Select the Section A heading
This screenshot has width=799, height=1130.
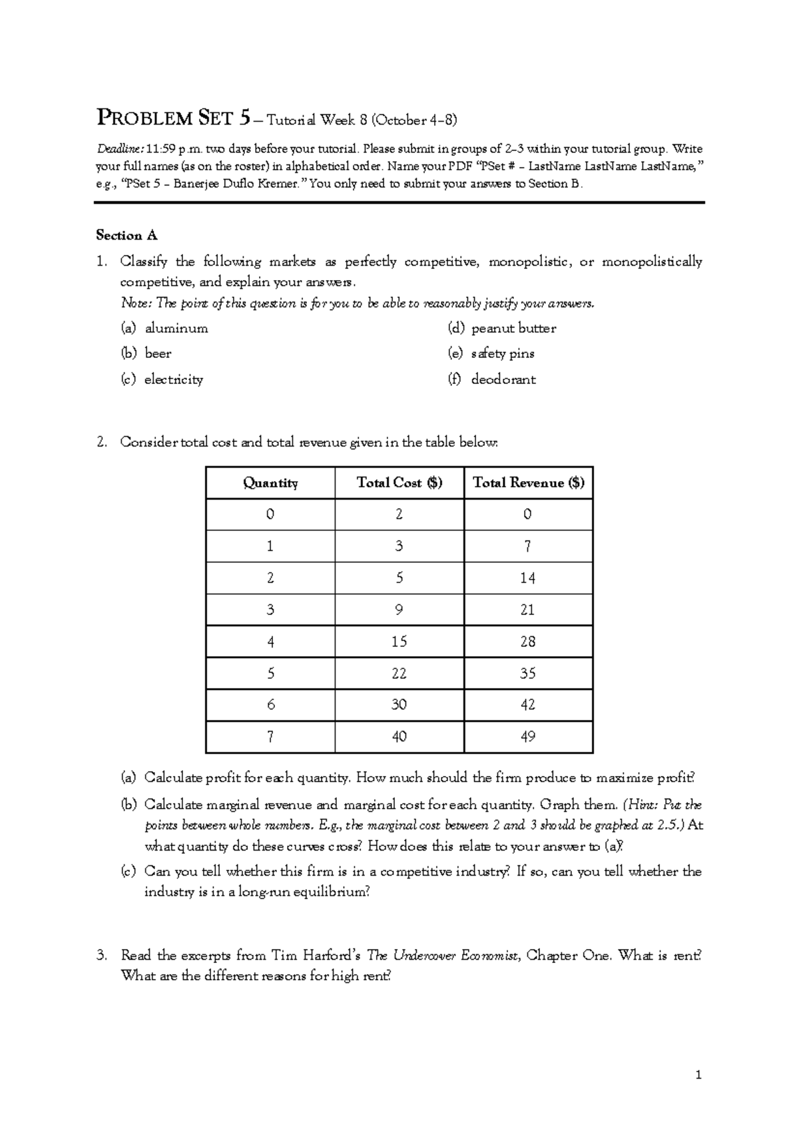tap(127, 235)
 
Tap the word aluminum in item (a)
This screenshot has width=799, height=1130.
tap(176, 328)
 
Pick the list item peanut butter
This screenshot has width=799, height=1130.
tap(513, 328)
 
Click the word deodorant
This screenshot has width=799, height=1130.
tap(503, 379)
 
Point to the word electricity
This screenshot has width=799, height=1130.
tap(174, 379)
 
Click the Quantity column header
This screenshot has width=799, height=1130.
tap(270, 483)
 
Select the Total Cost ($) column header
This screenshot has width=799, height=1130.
tap(399, 483)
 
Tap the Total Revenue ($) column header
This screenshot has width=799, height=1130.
tap(528, 483)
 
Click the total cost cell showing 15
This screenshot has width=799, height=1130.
tap(399, 642)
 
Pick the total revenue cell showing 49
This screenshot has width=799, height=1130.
tap(528, 737)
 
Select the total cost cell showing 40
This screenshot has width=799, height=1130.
tap(399, 737)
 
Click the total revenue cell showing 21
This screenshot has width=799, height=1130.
tap(528, 610)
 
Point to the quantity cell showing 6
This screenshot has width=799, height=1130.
tap(270, 705)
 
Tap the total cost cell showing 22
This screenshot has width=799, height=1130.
tap(399, 673)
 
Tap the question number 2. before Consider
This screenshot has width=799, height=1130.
tap(101, 443)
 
